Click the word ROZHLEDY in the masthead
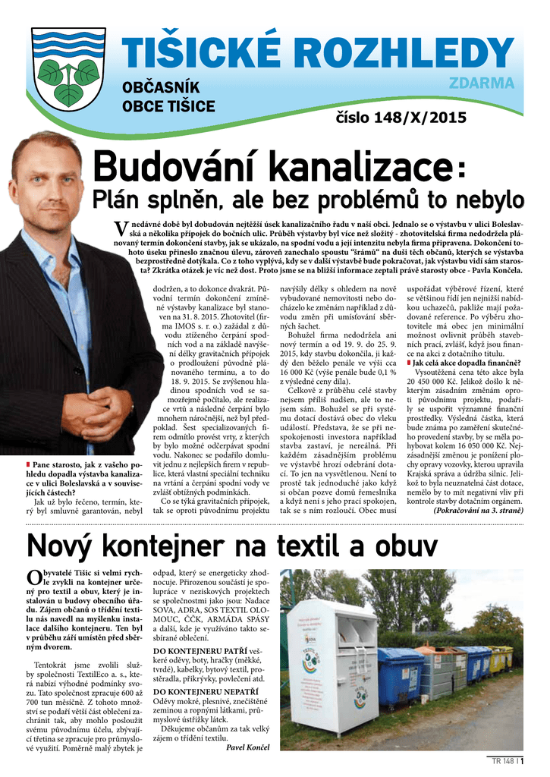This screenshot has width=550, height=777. tap(403, 52)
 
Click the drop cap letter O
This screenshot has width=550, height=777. tap(33, 578)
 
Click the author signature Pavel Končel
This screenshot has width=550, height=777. tap(248, 748)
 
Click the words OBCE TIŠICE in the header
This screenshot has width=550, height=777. tap(168, 106)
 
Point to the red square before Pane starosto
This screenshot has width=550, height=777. tap(28, 464)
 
